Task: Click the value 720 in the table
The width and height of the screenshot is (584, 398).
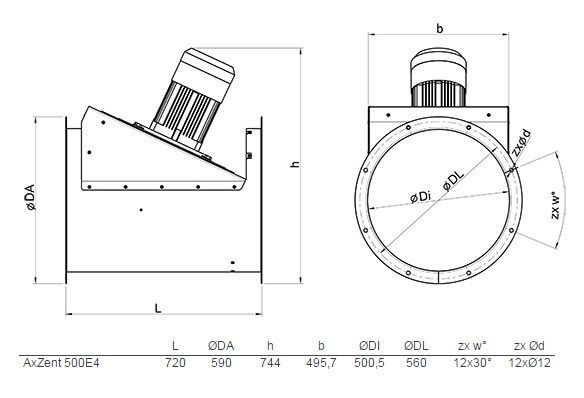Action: tap(175, 362)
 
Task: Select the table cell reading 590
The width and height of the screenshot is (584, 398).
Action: tap(221, 362)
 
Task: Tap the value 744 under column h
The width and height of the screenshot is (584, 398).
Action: tap(270, 362)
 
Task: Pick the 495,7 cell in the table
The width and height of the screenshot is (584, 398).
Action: tap(321, 363)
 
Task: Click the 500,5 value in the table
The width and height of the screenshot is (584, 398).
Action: tap(369, 363)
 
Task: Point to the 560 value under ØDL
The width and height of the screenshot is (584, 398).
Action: tap(416, 362)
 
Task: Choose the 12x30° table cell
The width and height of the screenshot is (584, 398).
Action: tap(472, 362)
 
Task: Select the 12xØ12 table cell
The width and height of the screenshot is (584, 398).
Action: tap(529, 362)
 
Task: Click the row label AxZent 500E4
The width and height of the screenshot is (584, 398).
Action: tap(61, 362)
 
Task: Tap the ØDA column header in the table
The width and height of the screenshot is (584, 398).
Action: tap(221, 346)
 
